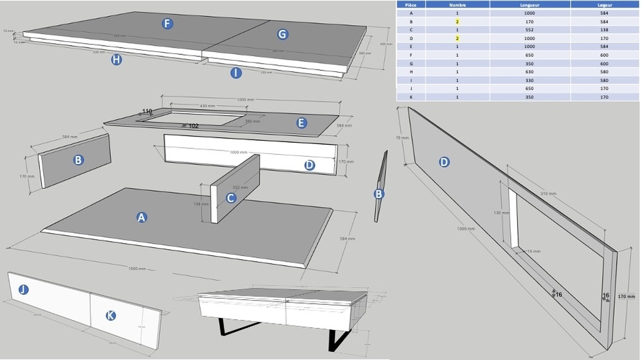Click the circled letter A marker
pyautogui.click(x=142, y=217)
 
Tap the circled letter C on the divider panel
pyautogui.click(x=231, y=197)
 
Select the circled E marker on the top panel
pyautogui.click(x=302, y=123)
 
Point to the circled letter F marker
pyautogui.click(x=167, y=24)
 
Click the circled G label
pyautogui.click(x=282, y=34)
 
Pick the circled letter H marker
pyautogui.click(x=116, y=59)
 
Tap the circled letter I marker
pyautogui.click(x=235, y=73)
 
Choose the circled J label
pyautogui.click(x=24, y=289)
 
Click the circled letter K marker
pyautogui.click(x=110, y=315)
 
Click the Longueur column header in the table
pyautogui.click(x=530, y=4)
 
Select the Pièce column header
pyautogui.click(x=411, y=4)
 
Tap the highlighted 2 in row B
pyautogui.click(x=458, y=21)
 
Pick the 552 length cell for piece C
pyautogui.click(x=530, y=29)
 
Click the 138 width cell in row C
pyautogui.click(x=604, y=29)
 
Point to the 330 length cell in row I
pyautogui.click(x=530, y=80)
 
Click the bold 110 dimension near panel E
pyautogui.click(x=147, y=111)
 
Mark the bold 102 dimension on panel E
pyautogui.click(x=193, y=126)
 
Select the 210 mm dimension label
pyautogui.click(x=548, y=194)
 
